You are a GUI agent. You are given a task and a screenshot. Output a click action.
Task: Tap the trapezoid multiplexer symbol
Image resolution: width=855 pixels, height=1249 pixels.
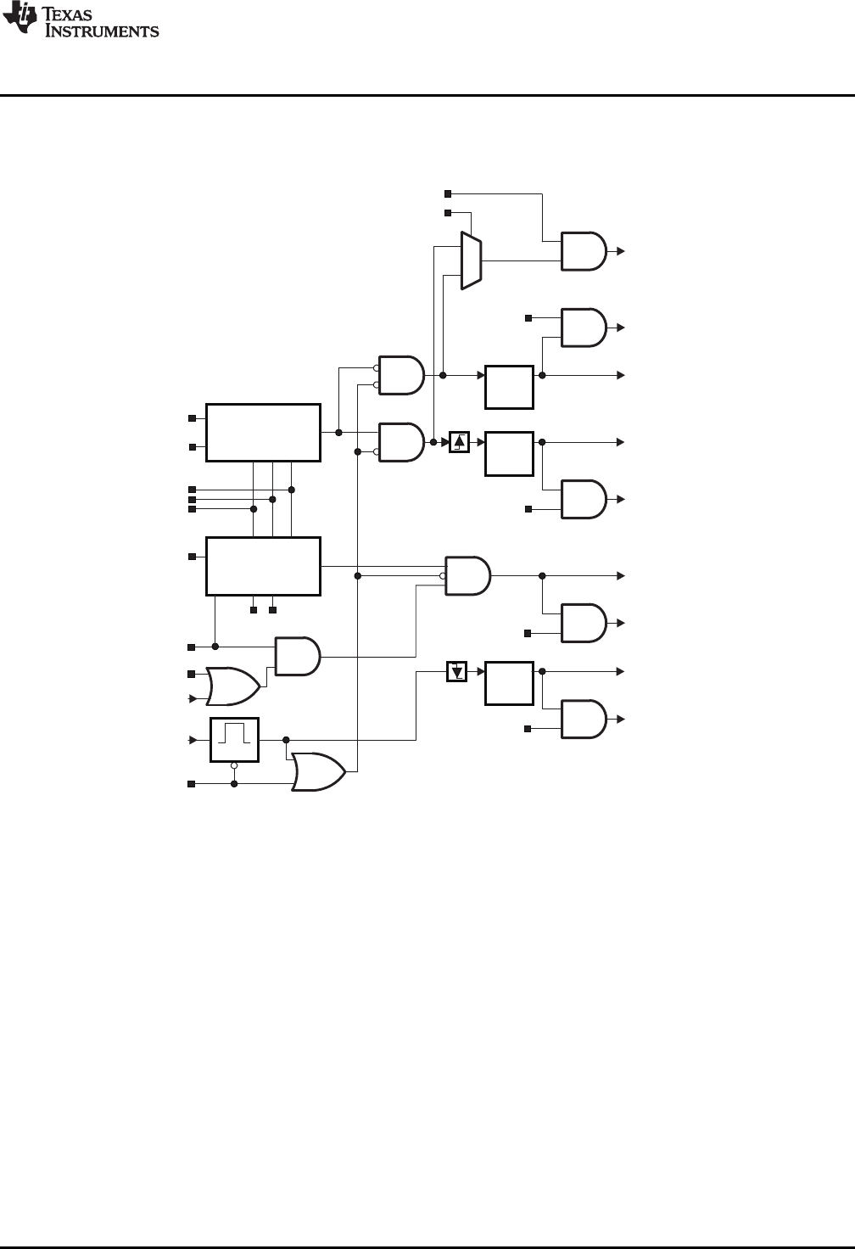point(471,260)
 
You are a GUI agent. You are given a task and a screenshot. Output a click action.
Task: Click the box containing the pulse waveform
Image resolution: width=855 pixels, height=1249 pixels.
point(234,740)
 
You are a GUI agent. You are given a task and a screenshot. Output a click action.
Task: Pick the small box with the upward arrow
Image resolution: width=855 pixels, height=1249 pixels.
point(459,442)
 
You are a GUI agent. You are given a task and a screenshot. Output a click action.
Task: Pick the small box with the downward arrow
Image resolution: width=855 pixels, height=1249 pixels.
point(457,673)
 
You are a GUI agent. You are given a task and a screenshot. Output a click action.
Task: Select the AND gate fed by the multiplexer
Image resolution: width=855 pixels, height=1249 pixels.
point(583,251)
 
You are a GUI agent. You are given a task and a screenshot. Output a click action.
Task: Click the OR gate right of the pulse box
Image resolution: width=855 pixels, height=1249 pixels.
point(317,771)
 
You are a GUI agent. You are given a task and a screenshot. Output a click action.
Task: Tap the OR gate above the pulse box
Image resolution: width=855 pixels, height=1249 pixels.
point(233,686)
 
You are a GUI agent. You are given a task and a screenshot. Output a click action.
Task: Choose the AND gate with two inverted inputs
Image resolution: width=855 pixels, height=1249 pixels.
point(400,374)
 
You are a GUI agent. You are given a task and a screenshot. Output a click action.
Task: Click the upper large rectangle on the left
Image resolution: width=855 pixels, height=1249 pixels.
point(264,433)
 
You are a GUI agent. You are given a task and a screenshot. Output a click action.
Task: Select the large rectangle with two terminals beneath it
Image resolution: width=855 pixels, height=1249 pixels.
point(264,566)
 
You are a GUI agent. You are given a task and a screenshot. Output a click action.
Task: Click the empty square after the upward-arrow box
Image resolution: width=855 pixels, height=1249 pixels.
point(509,454)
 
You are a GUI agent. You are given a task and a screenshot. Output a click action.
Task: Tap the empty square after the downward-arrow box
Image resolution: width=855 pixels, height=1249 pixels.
point(509,683)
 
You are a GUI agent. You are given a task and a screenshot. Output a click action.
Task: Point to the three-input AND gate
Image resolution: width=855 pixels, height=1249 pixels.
point(467,575)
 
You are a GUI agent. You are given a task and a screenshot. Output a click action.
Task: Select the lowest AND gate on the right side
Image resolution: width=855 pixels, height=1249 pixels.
point(583,720)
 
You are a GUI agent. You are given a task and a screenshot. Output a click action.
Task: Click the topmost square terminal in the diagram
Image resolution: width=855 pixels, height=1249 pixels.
point(449,194)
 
